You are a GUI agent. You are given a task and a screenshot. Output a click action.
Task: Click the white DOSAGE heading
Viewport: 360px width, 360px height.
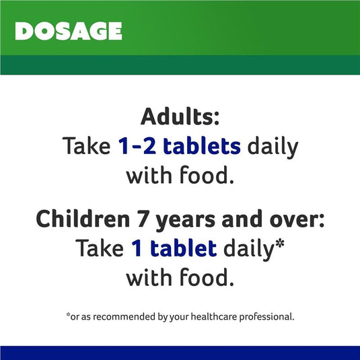pos(69,31)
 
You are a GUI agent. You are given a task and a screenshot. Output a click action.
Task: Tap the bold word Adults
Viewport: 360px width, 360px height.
pos(177,116)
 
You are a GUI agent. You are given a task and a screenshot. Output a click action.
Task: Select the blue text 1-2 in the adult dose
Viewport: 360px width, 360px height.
pos(137,146)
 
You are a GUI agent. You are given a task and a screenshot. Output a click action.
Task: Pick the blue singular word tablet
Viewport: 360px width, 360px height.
pos(184,248)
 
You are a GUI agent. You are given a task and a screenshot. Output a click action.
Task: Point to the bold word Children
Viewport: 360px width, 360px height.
pos(83,219)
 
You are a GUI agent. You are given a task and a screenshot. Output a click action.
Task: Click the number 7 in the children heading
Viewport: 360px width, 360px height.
pos(143,220)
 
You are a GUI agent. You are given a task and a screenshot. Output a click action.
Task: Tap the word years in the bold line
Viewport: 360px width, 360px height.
pos(186,221)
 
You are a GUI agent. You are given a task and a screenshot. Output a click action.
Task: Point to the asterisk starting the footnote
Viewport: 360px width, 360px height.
pos(68,314)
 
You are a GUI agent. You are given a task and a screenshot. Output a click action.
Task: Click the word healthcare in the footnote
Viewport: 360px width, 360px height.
pos(214,317)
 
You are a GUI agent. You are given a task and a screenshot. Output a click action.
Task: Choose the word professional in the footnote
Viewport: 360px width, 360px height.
pos(266,318)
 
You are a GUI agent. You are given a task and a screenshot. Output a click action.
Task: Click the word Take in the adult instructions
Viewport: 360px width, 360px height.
pos(86,146)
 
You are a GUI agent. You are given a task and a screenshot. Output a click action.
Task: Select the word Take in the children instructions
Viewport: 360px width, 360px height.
pos(100,248)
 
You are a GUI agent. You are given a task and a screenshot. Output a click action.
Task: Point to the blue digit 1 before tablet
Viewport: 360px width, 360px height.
pos(136,248)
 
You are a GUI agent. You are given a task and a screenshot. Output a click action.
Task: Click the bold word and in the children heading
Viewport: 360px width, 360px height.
pos(242,219)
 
